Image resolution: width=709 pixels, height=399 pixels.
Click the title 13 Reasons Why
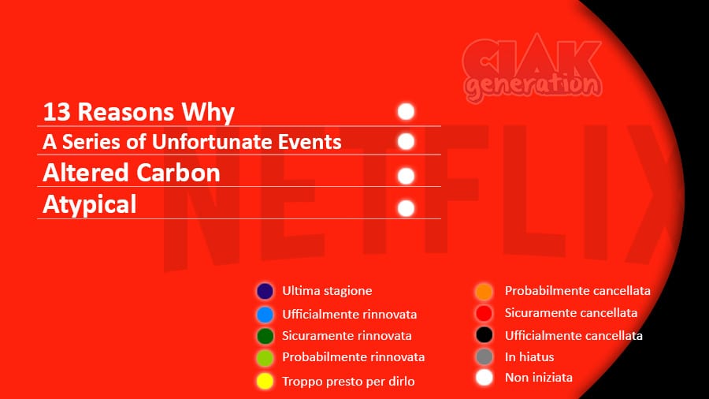click(139, 112)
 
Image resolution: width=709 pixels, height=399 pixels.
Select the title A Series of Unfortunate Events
click(192, 142)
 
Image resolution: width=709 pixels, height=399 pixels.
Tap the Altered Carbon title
click(132, 173)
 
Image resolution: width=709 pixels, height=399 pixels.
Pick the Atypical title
click(90, 204)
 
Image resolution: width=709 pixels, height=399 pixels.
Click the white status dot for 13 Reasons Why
click(406, 111)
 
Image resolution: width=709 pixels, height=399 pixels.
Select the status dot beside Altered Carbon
click(406, 176)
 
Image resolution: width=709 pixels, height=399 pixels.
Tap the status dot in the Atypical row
click(406, 208)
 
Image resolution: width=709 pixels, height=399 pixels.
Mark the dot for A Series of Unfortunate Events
click(406, 142)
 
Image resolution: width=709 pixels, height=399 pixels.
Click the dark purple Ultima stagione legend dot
click(265, 291)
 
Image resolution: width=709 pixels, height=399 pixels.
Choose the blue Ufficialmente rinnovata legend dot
click(265, 315)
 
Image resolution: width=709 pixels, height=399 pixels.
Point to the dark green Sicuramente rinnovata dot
click(265, 336)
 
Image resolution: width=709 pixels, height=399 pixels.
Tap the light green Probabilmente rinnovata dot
click(265, 358)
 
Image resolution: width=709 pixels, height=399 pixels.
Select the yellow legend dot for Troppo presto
click(265, 381)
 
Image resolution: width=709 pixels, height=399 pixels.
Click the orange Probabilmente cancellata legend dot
click(484, 291)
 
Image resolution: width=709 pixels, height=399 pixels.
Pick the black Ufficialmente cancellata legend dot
click(484, 335)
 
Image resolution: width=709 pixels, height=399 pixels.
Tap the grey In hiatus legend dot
click(484, 356)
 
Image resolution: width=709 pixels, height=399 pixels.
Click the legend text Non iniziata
click(539, 377)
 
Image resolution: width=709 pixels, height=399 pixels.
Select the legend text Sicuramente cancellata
click(571, 312)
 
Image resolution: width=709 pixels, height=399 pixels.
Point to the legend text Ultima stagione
click(327, 290)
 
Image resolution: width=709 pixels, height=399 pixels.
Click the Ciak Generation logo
click(533, 68)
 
